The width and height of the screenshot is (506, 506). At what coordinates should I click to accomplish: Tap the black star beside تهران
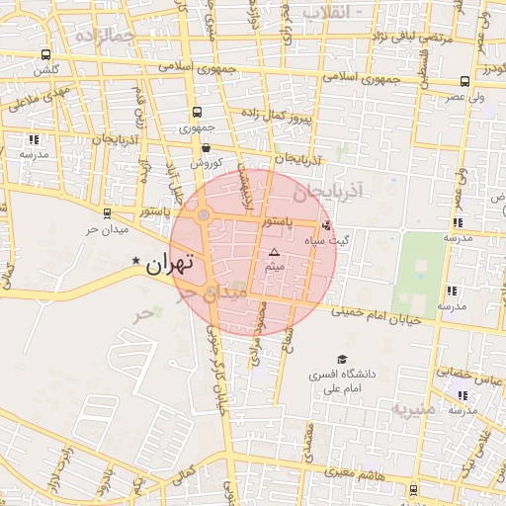point(136,260)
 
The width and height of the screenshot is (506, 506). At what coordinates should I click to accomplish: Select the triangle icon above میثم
point(275,253)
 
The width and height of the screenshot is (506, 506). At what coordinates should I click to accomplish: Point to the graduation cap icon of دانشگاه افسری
point(342,360)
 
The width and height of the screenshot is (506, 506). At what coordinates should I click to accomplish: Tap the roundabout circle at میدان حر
point(204,214)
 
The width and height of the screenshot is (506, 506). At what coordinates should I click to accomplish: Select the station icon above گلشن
point(45,55)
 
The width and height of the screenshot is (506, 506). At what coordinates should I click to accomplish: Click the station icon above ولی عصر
point(464,82)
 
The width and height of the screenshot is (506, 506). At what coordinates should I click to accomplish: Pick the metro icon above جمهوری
point(197,113)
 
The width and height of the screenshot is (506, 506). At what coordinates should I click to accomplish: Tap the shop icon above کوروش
point(206,147)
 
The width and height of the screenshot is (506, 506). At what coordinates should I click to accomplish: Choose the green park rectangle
point(419,272)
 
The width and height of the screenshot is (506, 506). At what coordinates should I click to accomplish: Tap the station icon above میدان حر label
point(107,212)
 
